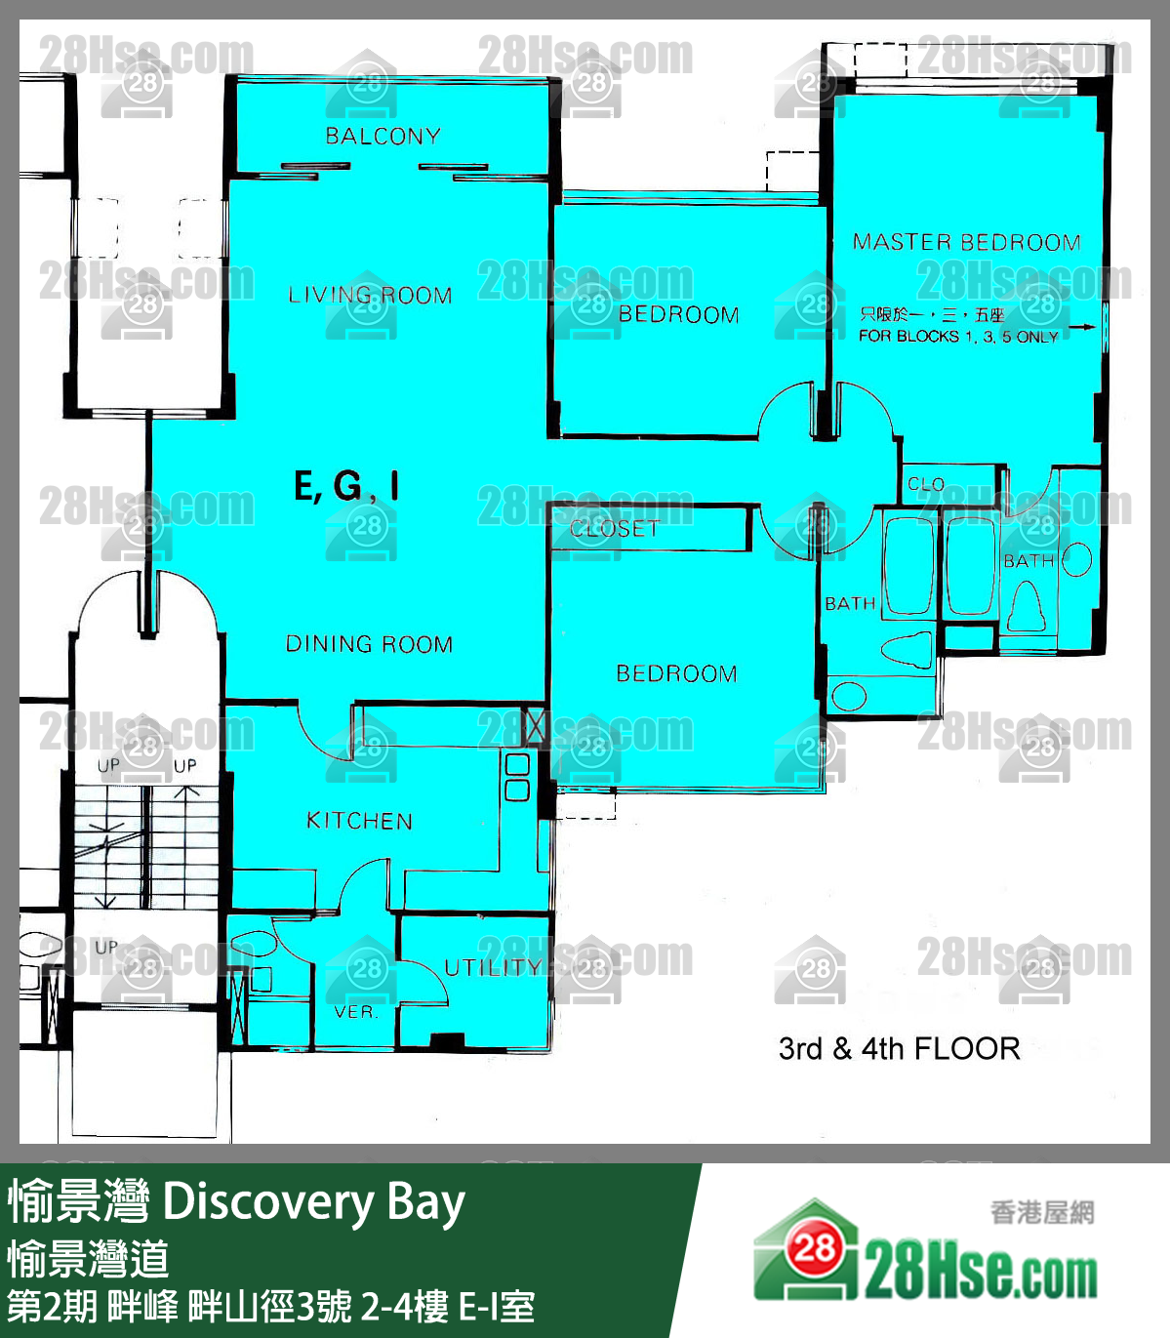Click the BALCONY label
click(383, 136)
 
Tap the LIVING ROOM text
click(370, 295)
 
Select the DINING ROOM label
click(369, 644)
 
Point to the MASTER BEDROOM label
click(966, 242)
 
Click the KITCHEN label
click(359, 821)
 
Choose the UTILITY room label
click(493, 967)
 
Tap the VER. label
click(355, 1012)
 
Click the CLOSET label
click(614, 529)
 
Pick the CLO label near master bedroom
click(925, 484)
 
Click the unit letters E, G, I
click(346, 486)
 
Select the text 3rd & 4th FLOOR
click(899, 1049)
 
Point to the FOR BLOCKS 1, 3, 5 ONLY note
click(958, 337)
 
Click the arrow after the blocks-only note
click(1081, 329)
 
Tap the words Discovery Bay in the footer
click(313, 1202)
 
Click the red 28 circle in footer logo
click(814, 1249)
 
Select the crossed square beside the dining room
click(535, 725)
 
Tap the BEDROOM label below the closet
click(676, 673)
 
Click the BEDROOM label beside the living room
click(678, 314)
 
